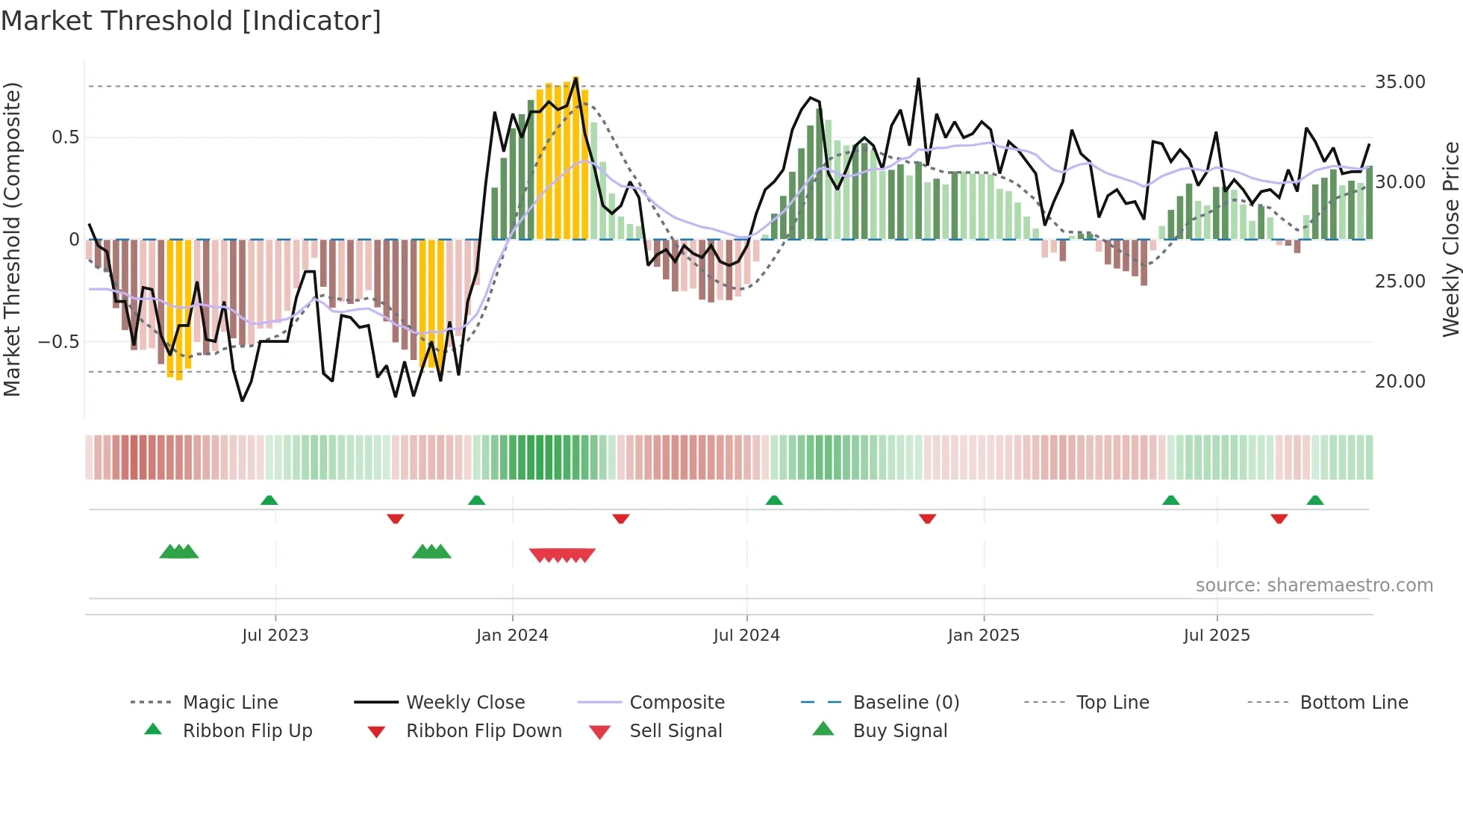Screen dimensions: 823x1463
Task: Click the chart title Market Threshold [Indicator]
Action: click(191, 21)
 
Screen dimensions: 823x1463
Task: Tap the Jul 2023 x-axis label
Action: click(275, 636)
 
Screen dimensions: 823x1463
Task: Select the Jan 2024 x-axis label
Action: click(512, 636)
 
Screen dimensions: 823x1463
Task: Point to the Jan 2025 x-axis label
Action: click(983, 636)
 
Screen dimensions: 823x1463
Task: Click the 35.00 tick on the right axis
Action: click(1400, 82)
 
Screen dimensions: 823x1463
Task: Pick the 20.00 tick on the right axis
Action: click(1400, 382)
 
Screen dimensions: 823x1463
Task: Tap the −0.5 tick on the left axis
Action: click(58, 342)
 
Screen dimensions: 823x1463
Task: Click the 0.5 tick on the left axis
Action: click(65, 137)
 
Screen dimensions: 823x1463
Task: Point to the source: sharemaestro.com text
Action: click(1314, 586)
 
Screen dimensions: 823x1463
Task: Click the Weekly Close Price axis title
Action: click(1450, 239)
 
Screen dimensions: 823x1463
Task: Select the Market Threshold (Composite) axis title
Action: click(12, 239)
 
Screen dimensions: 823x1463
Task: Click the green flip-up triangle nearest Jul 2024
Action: click(774, 500)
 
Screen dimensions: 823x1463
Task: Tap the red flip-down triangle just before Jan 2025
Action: click(927, 518)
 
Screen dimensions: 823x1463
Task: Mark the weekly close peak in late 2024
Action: click(918, 79)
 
